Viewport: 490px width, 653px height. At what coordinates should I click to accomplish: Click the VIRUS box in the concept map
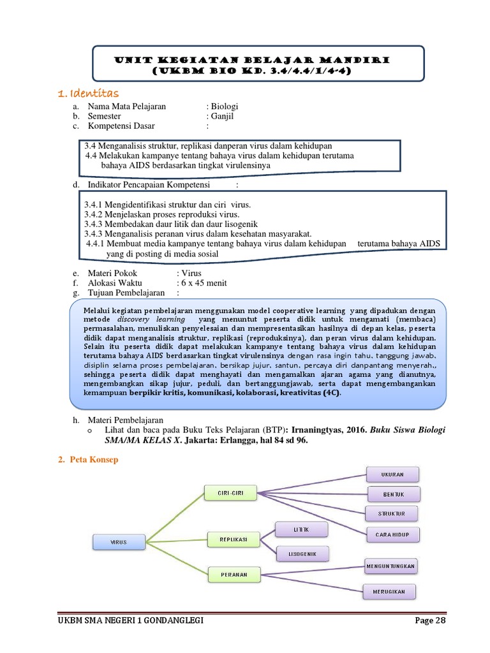point(119,542)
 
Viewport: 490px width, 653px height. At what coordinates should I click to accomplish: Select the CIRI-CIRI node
point(230,493)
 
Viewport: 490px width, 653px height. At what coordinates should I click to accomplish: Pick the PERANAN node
point(235,575)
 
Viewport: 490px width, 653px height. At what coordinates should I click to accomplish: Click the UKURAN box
point(392,474)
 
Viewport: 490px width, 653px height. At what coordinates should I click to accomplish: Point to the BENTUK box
point(394,494)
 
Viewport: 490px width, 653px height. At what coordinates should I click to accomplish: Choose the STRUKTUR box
point(392,513)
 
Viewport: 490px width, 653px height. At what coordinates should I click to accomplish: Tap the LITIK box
point(301,530)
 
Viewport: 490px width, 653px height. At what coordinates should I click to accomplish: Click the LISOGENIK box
point(302,554)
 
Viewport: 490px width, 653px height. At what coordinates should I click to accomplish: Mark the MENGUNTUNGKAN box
point(390,566)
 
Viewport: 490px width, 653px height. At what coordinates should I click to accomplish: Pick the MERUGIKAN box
point(389,592)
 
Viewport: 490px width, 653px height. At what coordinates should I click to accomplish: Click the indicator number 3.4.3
point(94,224)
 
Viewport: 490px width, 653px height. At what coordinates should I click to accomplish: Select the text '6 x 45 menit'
point(204,283)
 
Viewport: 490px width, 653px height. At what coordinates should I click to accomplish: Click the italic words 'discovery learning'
point(151,318)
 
